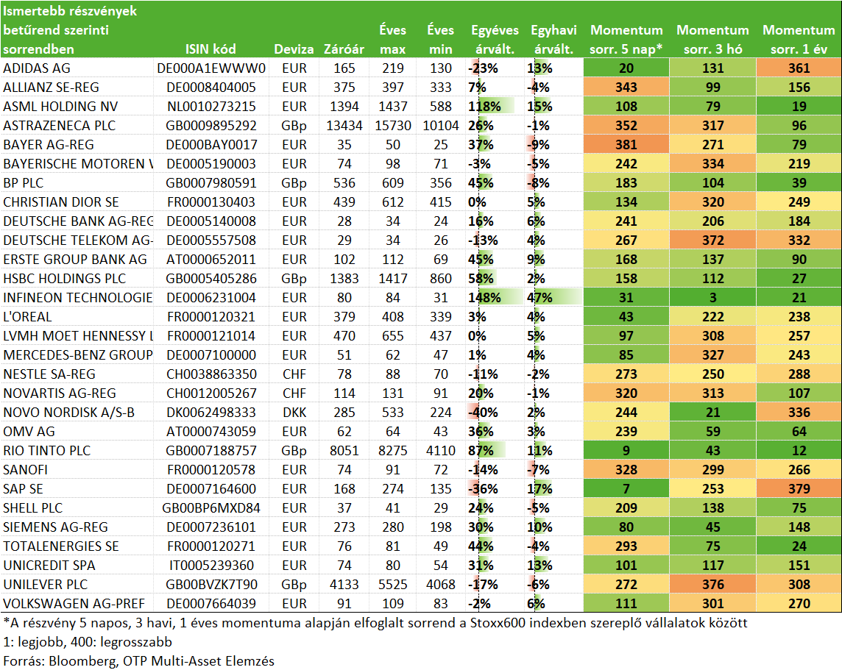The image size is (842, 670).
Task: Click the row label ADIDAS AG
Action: (37, 68)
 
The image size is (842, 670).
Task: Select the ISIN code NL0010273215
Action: (211, 106)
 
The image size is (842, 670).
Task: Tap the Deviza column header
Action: (294, 49)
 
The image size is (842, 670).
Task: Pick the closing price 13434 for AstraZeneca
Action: (344, 126)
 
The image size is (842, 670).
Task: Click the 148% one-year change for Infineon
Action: (484, 298)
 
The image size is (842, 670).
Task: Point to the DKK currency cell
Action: (294, 413)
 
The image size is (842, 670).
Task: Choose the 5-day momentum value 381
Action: (626, 145)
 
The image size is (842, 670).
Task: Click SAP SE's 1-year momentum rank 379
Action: (799, 488)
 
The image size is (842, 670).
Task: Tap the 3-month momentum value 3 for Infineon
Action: (713, 298)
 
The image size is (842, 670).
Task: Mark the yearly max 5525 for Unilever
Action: (392, 584)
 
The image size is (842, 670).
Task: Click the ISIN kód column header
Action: (210, 49)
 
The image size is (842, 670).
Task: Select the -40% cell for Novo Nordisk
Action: (483, 413)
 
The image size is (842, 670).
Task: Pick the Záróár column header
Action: (344, 49)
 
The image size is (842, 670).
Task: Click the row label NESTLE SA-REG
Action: (49, 374)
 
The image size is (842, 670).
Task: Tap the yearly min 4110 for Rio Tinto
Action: (440, 451)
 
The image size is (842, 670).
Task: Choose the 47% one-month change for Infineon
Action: (539, 298)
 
